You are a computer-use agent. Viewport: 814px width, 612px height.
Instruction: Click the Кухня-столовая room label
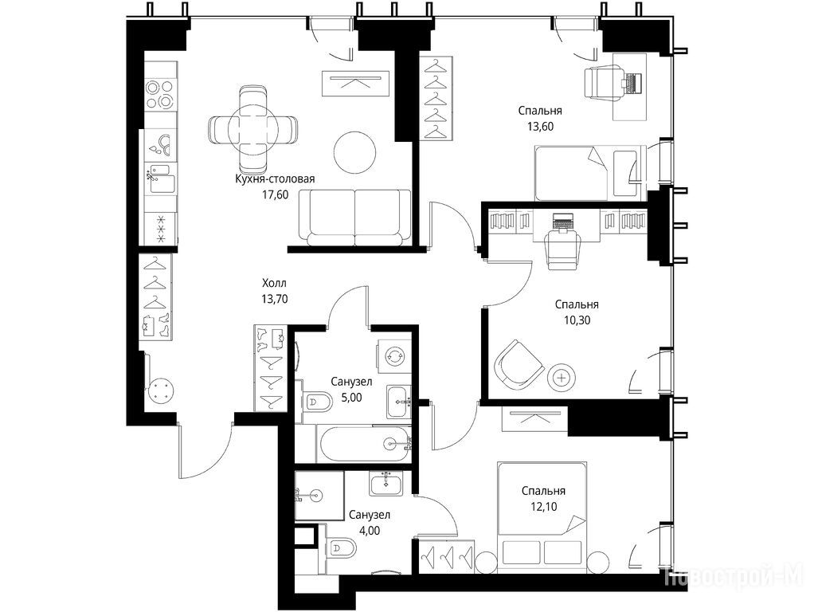pyautogui.click(x=275, y=179)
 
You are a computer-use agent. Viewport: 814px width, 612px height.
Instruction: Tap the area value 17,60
pyautogui.click(x=275, y=194)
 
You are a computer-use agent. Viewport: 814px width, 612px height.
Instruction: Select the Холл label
pyautogui.click(x=274, y=283)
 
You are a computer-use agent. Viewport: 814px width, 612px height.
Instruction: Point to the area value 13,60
pyautogui.click(x=540, y=126)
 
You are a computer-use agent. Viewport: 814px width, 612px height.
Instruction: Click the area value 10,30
pyautogui.click(x=577, y=320)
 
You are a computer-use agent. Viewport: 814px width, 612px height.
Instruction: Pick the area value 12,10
pyautogui.click(x=543, y=506)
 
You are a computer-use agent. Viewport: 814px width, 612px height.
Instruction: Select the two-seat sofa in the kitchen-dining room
pyautogui.click(x=354, y=218)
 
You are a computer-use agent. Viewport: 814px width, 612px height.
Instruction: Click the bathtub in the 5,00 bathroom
pyautogui.click(x=363, y=444)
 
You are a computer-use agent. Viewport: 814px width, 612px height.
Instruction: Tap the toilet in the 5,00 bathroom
pyautogui.click(x=318, y=401)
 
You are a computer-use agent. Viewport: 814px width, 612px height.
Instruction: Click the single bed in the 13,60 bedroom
pyautogui.click(x=590, y=172)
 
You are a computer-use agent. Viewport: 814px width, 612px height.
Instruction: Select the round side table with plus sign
pyautogui.click(x=562, y=378)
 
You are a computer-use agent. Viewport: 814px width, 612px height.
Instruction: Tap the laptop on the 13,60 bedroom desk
pyautogui.click(x=632, y=83)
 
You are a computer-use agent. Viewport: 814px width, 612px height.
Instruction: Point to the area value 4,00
pyautogui.click(x=370, y=531)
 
